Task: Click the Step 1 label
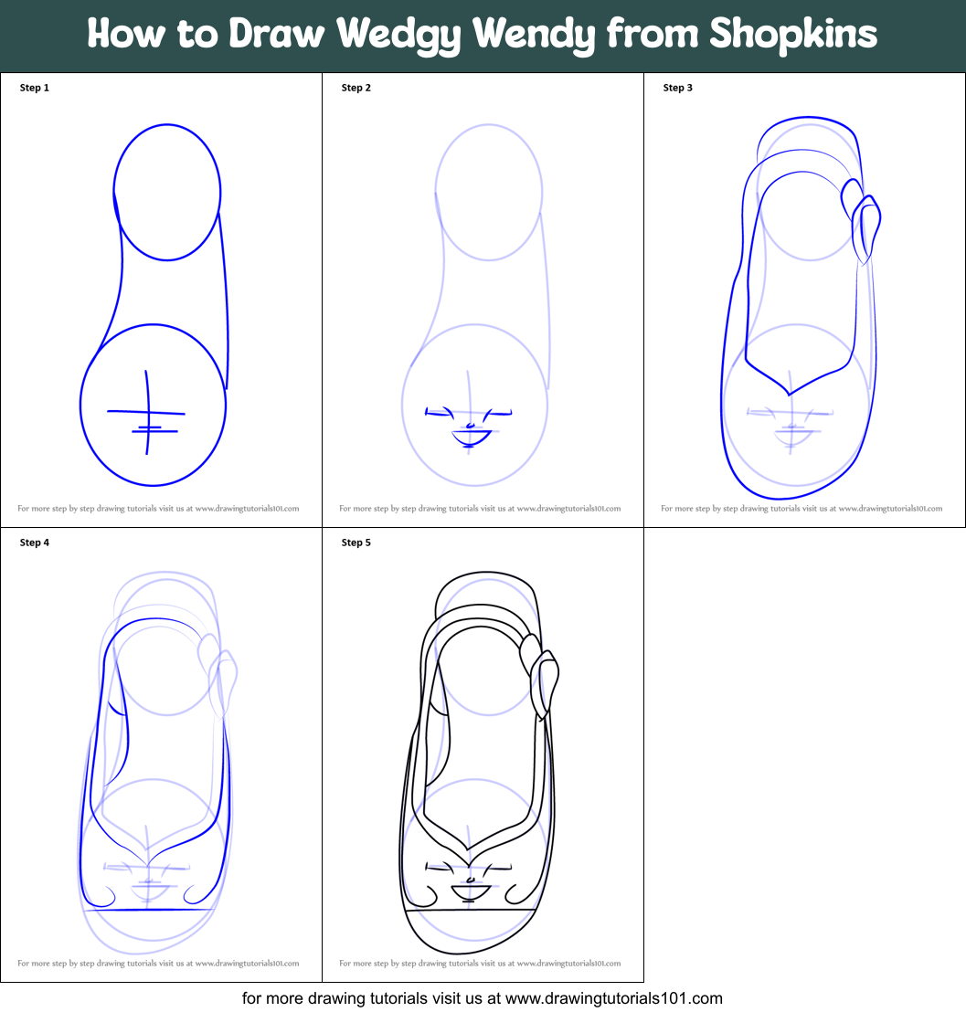click(x=35, y=88)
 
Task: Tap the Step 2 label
click(x=356, y=88)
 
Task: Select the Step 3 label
click(x=678, y=88)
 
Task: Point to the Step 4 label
click(x=35, y=543)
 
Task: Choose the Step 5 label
click(x=356, y=543)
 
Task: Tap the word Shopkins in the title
click(x=793, y=36)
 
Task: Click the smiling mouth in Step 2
click(x=472, y=437)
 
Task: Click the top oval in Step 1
click(x=168, y=192)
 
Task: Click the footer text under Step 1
click(x=158, y=509)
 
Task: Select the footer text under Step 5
click(x=480, y=964)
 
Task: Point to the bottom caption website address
click(x=613, y=998)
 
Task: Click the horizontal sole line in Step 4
click(x=151, y=910)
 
